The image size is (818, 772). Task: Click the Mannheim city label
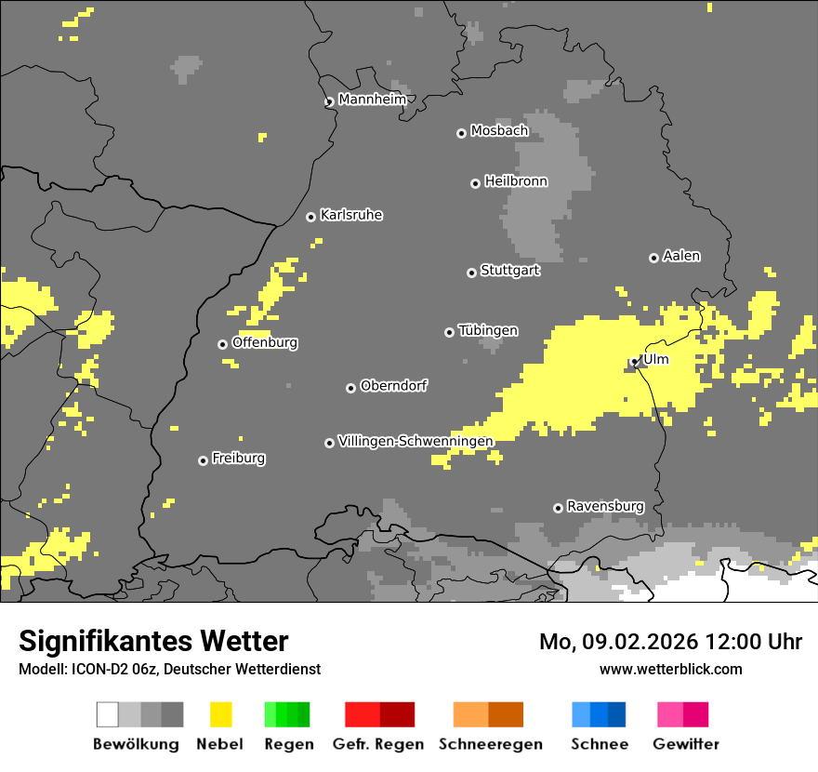tap(372, 100)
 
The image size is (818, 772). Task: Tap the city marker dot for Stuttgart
tap(471, 273)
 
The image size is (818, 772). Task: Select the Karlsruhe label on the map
tap(350, 215)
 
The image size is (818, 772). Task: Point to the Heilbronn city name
tap(516, 181)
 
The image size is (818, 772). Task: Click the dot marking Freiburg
tap(203, 460)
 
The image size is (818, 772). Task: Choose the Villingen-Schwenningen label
tap(416, 441)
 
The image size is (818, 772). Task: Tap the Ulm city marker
tap(635, 361)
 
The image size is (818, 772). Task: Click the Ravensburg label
tap(605, 506)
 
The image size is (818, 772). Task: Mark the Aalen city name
tap(681, 256)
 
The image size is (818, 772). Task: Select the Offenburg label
tap(265, 342)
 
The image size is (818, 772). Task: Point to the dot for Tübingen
tap(449, 332)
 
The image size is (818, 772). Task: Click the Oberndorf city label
tap(393, 386)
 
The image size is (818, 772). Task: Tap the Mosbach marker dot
tap(461, 133)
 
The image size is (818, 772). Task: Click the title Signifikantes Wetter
tap(153, 641)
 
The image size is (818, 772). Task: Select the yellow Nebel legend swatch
tap(221, 714)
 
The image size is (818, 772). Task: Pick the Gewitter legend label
tap(686, 744)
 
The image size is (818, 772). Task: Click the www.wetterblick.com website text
tap(670, 669)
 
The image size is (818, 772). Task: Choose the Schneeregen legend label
tap(491, 744)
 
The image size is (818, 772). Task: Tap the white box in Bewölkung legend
tap(108, 714)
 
